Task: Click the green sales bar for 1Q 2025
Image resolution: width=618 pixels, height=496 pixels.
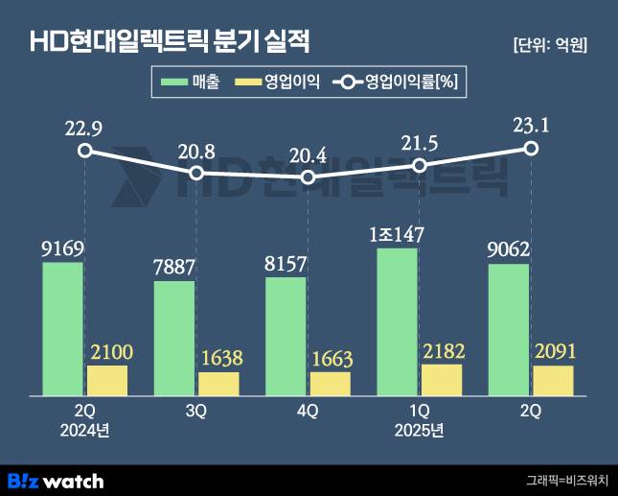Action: [398, 321]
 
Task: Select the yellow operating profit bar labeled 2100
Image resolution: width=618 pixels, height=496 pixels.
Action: [107, 380]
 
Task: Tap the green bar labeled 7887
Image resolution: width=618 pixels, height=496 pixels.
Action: [174, 338]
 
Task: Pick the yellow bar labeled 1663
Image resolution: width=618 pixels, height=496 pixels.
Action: [331, 384]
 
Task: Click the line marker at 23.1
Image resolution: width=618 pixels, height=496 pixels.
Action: [531, 148]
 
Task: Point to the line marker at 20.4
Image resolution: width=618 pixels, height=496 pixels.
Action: [308, 177]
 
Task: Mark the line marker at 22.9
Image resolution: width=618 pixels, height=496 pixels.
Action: [85, 151]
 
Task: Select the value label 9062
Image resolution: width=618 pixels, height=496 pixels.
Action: [509, 249]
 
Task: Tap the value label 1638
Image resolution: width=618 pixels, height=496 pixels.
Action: [219, 358]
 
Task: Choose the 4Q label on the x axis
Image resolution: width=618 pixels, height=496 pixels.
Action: [308, 410]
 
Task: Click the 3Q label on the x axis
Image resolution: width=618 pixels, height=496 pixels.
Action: [196, 410]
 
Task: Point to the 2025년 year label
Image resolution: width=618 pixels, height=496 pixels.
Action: [419, 430]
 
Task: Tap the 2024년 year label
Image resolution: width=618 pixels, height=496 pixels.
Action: [85, 430]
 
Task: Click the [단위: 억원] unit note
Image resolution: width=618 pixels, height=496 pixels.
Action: [550, 44]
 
